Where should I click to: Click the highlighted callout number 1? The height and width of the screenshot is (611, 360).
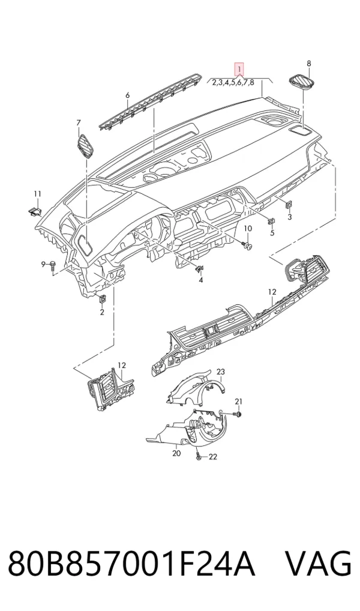(238, 70)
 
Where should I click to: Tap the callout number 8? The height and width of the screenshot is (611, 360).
(309, 64)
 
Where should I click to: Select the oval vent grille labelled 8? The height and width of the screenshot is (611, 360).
(302, 83)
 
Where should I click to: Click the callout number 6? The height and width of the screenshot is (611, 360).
(127, 95)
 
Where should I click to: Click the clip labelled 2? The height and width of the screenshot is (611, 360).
(103, 299)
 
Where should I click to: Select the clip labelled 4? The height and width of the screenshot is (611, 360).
(199, 268)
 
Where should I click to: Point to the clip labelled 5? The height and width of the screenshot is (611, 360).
(272, 221)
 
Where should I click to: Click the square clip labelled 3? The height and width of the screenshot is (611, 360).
(289, 204)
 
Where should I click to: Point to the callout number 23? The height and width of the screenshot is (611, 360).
(221, 372)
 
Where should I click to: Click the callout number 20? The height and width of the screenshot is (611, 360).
(176, 453)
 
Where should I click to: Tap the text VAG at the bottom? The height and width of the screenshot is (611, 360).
(319, 563)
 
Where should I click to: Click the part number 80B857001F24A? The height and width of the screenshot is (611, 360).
(131, 563)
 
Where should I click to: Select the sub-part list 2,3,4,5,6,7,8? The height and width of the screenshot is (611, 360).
(233, 82)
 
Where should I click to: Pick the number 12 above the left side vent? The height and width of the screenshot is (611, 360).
(122, 365)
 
